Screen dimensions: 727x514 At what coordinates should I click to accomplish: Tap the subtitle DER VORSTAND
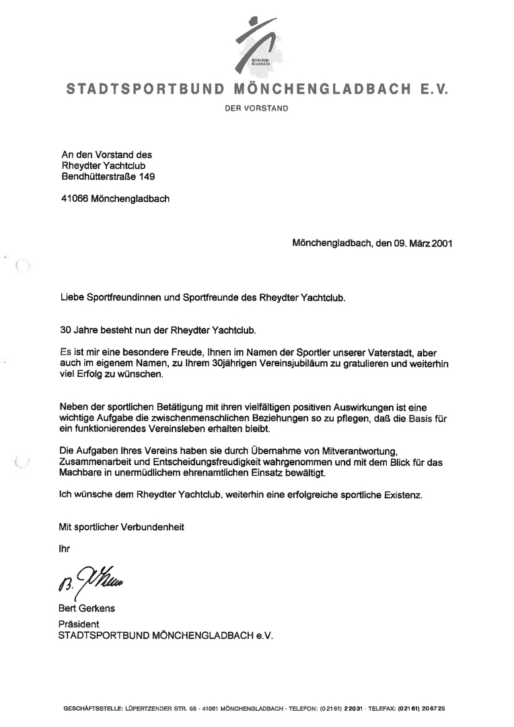pos(256,108)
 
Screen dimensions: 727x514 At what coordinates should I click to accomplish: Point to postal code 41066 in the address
pos(73,199)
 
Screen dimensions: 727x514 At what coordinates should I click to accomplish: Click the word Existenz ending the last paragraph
pos(403,495)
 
